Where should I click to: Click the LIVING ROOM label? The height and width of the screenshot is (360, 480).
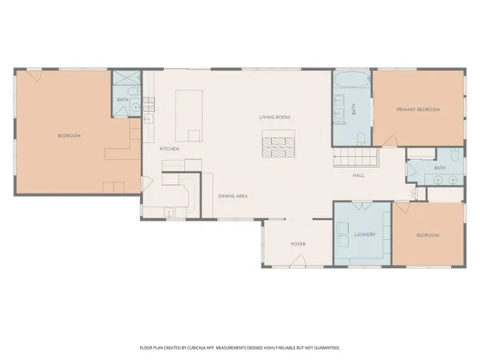pyautogui.click(x=274, y=118)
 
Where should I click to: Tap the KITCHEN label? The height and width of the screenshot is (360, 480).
pyautogui.click(x=169, y=149)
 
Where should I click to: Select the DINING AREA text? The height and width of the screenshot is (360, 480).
pyautogui.click(x=233, y=196)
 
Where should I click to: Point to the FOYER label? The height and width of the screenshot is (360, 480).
pyautogui.click(x=298, y=244)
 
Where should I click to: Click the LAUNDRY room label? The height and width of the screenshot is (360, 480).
pyautogui.click(x=365, y=234)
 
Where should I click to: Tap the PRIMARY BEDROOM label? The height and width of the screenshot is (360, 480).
pyautogui.click(x=418, y=109)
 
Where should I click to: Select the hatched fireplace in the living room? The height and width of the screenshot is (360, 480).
pyautogui.click(x=278, y=145)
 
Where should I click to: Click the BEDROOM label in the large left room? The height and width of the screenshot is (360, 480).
pyautogui.click(x=69, y=136)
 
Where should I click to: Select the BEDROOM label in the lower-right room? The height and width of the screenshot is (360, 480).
pyautogui.click(x=428, y=235)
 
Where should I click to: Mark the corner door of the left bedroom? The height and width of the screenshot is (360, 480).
pyautogui.click(x=33, y=76)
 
